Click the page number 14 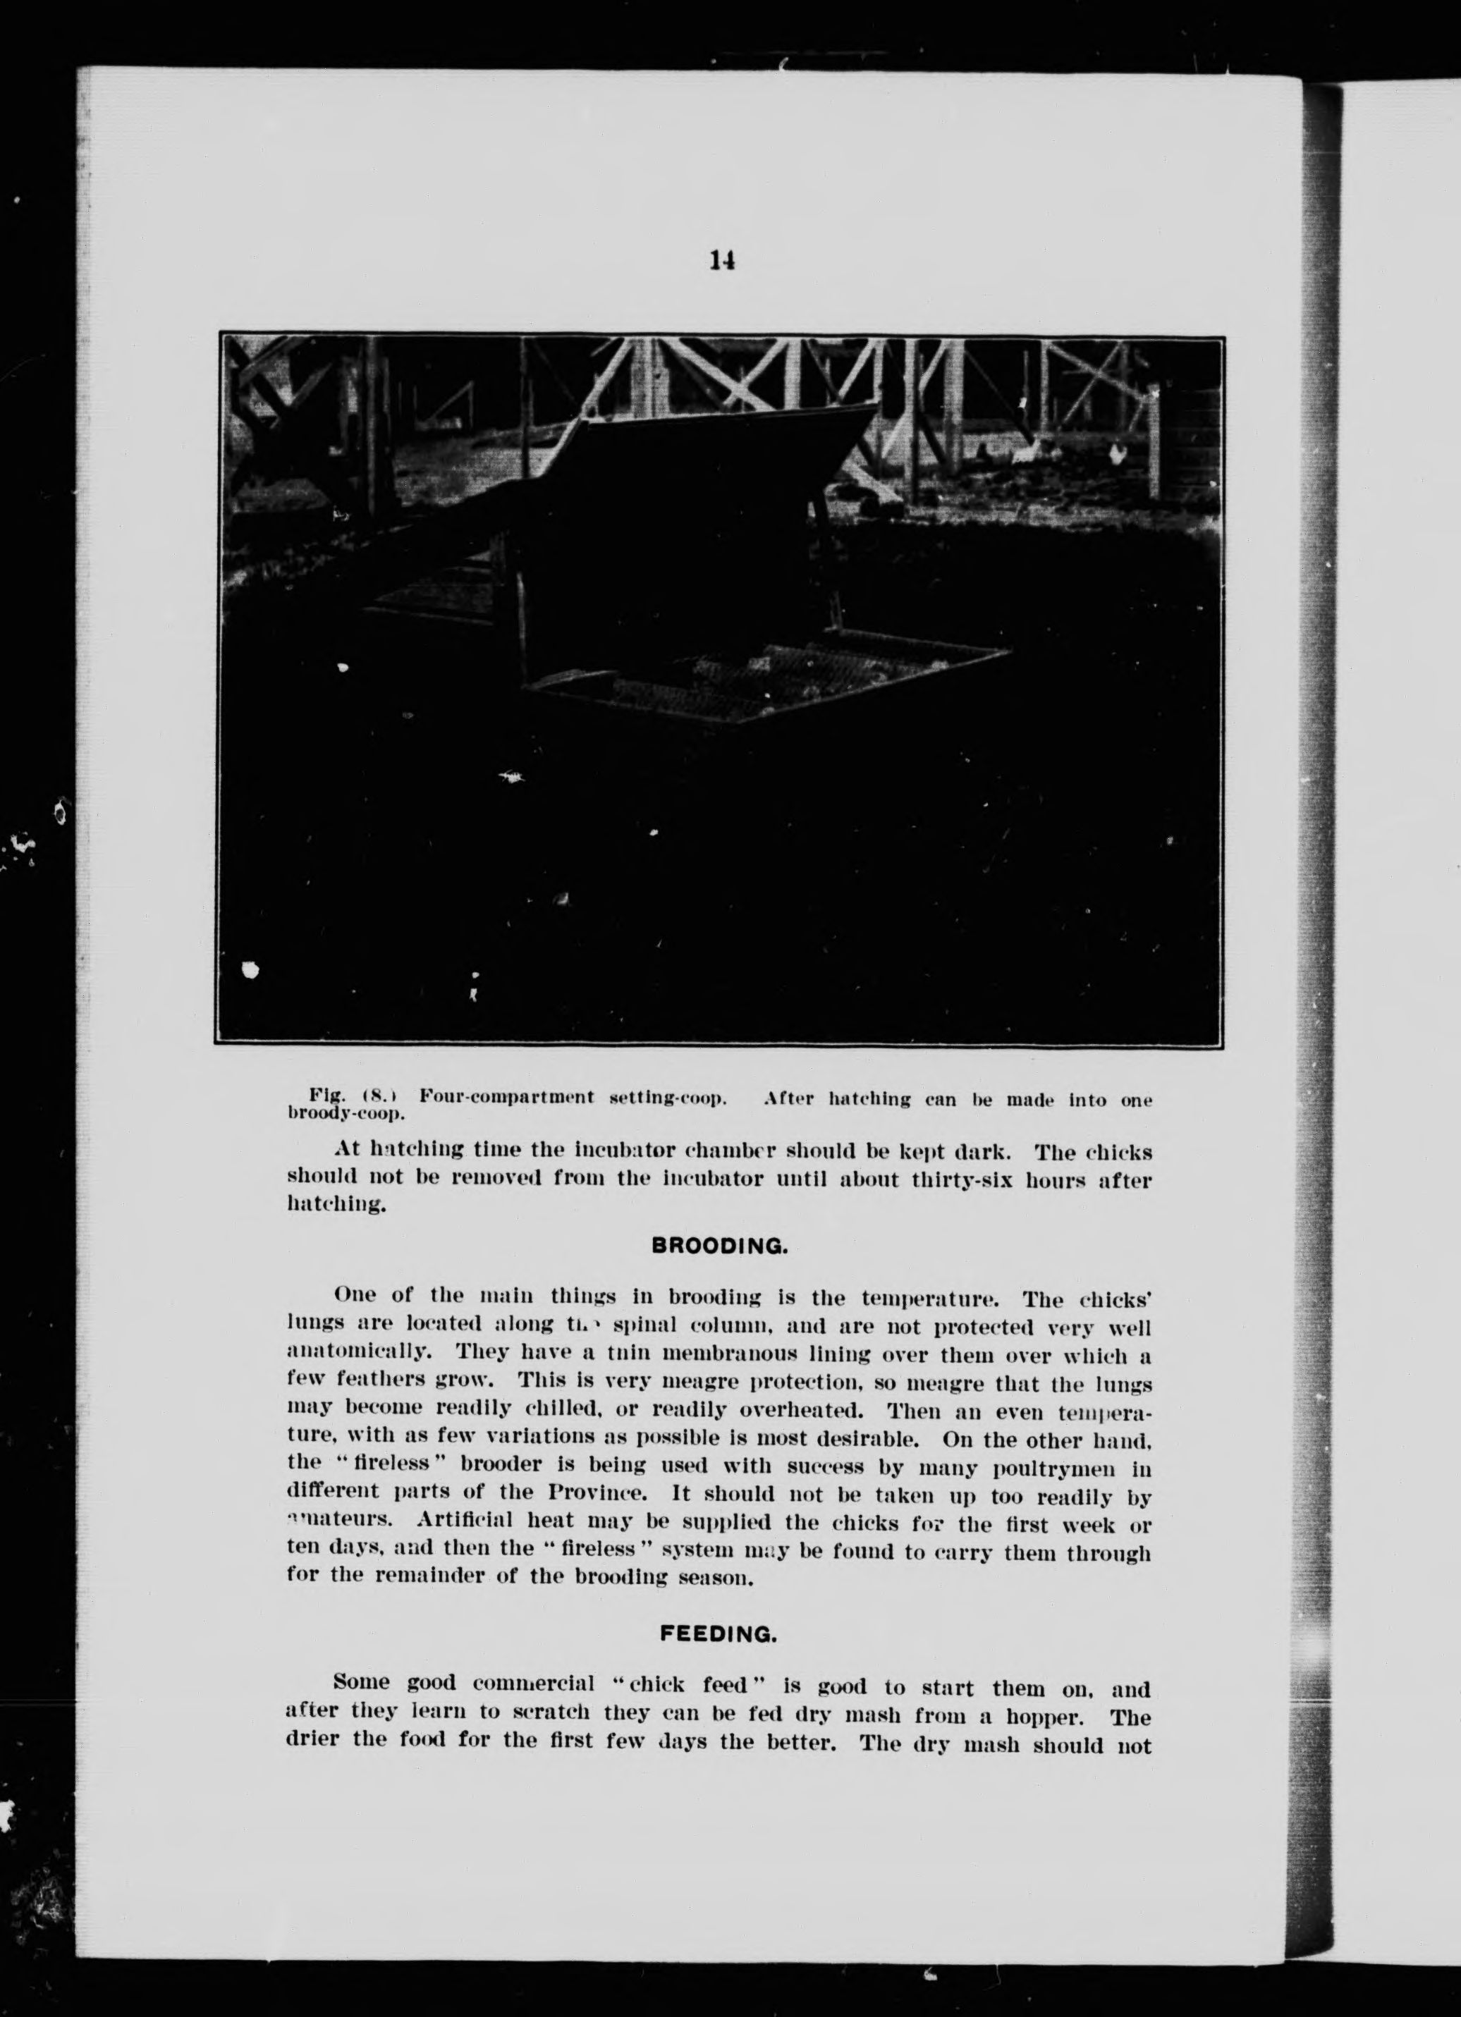click(722, 261)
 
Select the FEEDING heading click(719, 1633)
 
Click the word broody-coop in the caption click(346, 1112)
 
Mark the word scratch click(551, 1710)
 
